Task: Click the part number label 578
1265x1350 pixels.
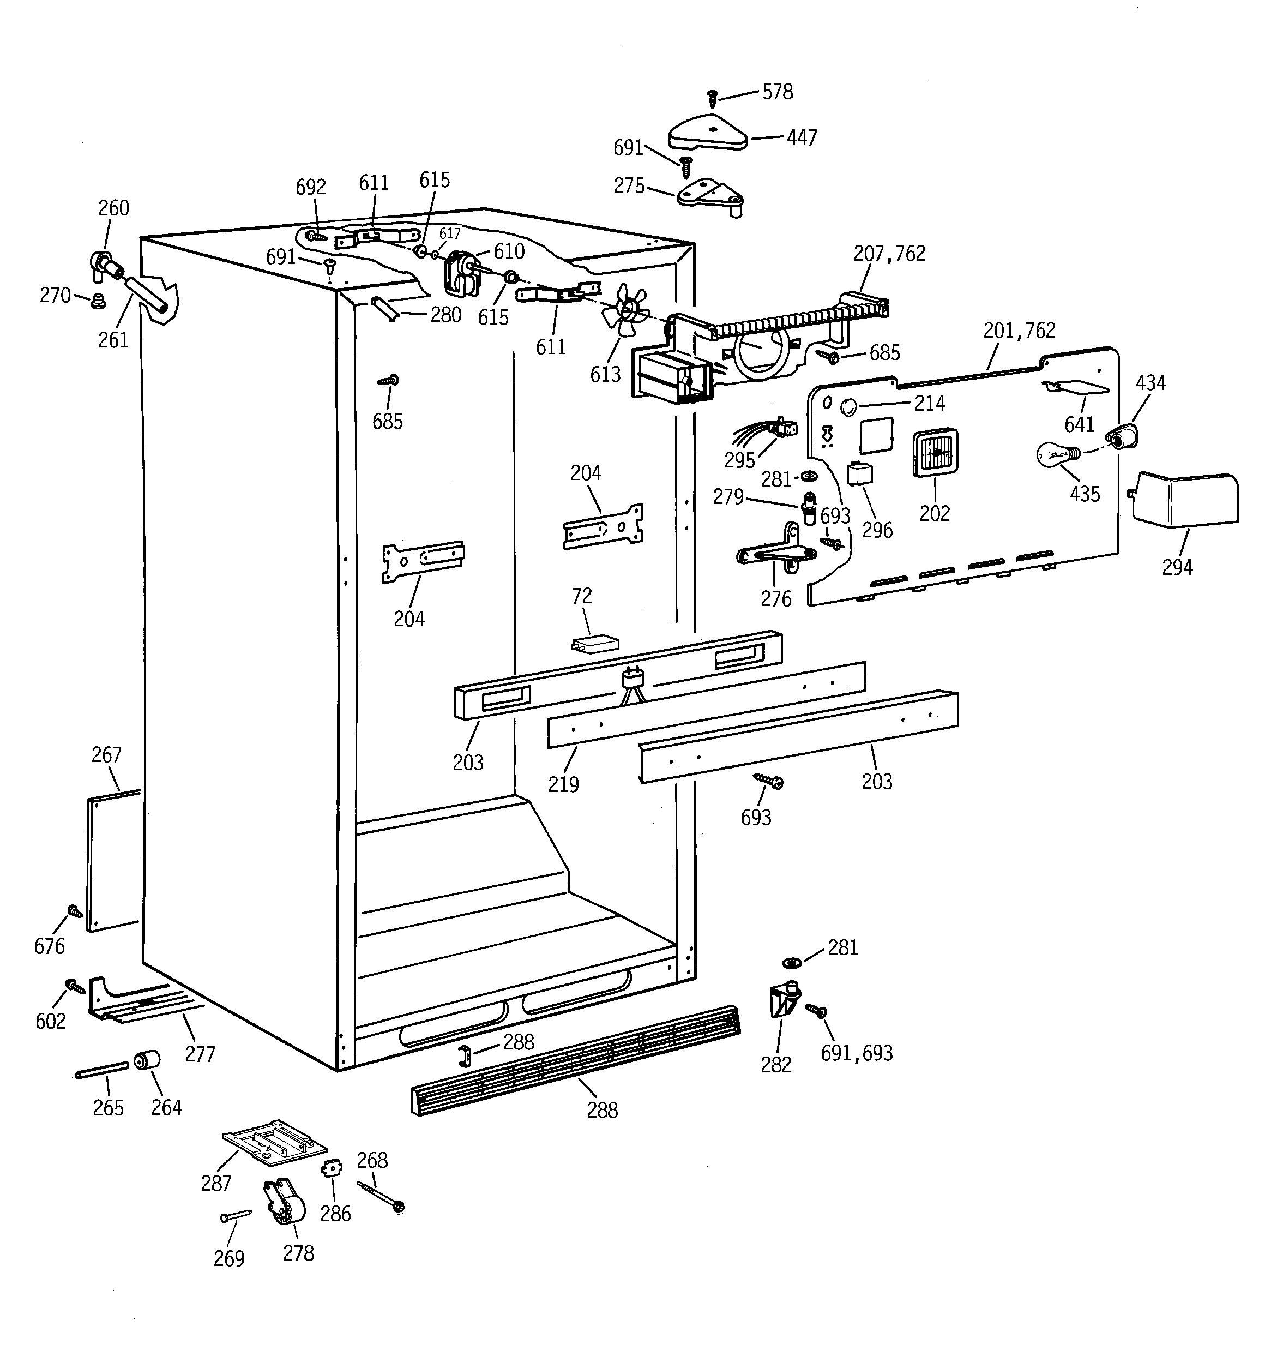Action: coord(778,92)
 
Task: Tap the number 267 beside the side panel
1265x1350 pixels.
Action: coord(107,754)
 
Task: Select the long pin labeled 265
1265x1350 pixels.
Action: coord(102,1070)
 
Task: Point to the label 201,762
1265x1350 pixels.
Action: coord(1019,331)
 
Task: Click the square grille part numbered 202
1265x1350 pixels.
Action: coord(935,452)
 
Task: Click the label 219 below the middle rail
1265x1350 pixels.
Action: coord(564,784)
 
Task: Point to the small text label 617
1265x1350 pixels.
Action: coord(449,233)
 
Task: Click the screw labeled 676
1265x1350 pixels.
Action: coord(75,911)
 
